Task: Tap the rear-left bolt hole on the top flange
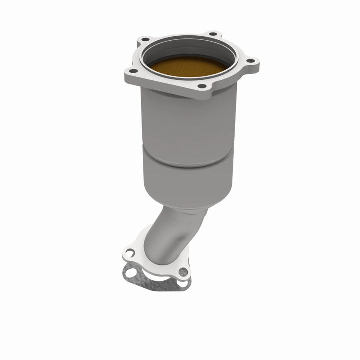click(x=145, y=39)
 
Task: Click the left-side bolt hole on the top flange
click(x=134, y=69)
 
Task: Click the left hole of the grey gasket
click(x=131, y=273)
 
